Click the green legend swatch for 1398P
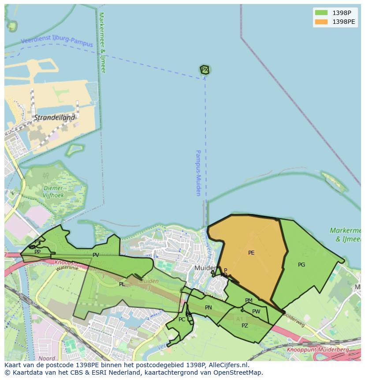coord(321,13)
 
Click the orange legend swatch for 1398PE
coord(321,22)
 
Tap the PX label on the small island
coord(205,70)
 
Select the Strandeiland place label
coord(55,118)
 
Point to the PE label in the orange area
coord(251,253)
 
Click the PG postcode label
coord(302,265)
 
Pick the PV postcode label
coord(96,255)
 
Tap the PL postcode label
coord(122,284)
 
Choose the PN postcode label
coord(209,308)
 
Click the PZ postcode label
coord(245,326)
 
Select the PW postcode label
coord(256,312)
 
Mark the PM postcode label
coord(249,301)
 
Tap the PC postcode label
coord(182,320)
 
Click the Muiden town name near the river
coord(205,268)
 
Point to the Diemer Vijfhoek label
coord(54,192)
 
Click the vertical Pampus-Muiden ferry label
coord(198,173)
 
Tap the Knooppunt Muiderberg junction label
coord(317,350)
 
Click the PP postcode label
coord(37,252)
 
